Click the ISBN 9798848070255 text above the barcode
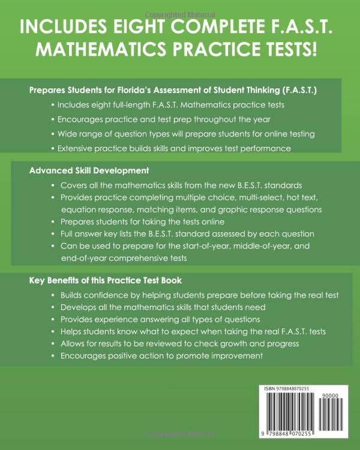click(287, 389)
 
